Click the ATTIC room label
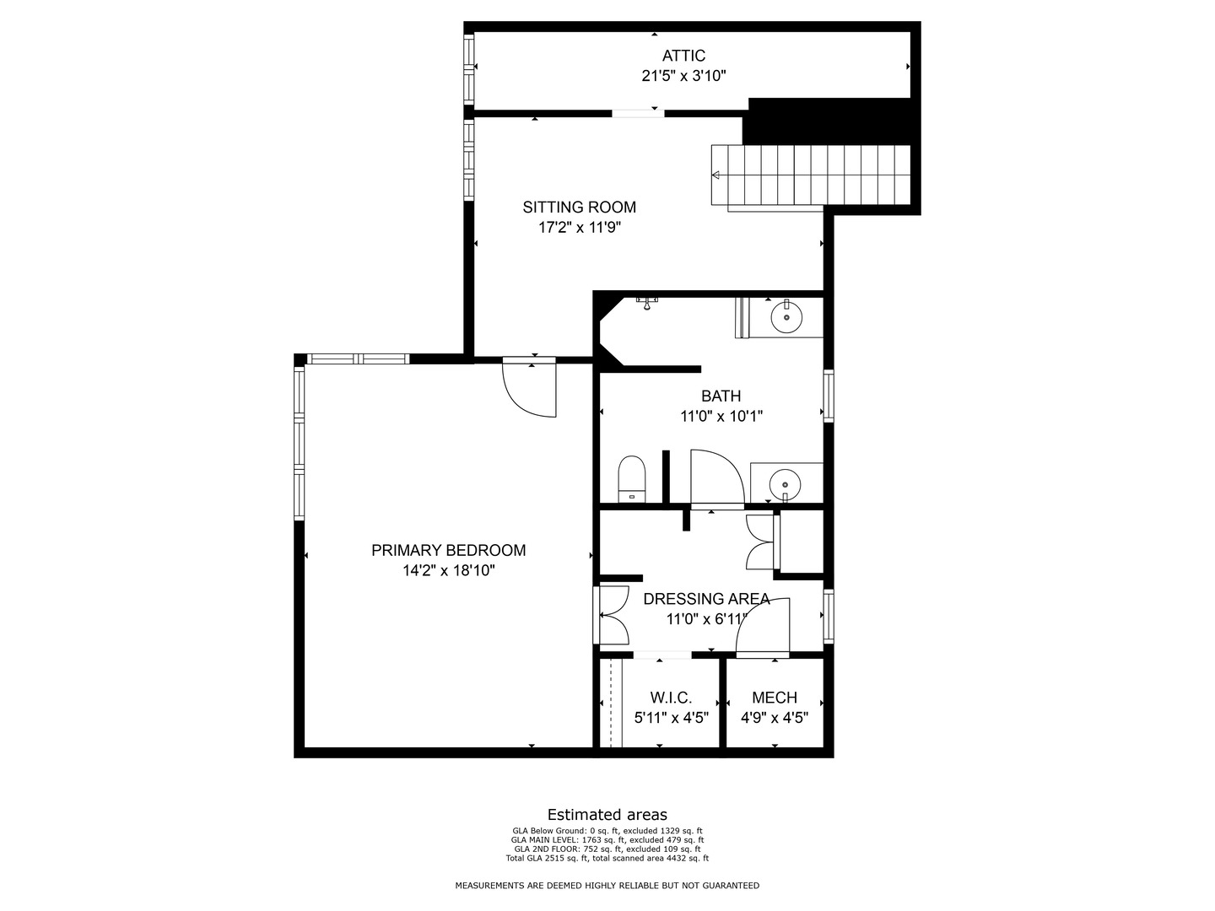tap(683, 56)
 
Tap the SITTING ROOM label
tap(579, 208)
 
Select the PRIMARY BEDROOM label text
tap(448, 550)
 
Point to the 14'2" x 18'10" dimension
tap(448, 570)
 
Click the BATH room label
tap(721, 396)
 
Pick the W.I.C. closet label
tap(671, 698)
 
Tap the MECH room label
tap(775, 698)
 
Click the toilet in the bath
tap(632, 479)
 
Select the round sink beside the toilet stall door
tap(785, 483)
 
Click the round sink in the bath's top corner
tap(786, 317)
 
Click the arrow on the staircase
tap(715, 175)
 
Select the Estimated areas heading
tap(607, 814)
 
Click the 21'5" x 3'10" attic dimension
tap(683, 76)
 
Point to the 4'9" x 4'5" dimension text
tap(775, 717)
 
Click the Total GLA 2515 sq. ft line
tap(607, 859)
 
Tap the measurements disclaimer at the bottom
tap(607, 886)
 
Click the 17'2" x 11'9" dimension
tap(580, 228)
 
